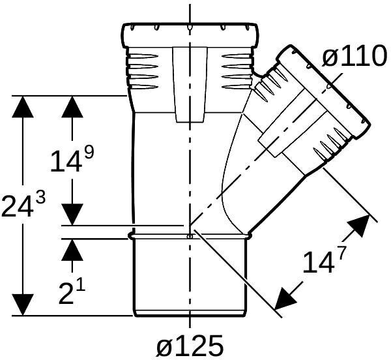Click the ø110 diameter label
coord(355,58)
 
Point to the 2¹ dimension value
coord(72,295)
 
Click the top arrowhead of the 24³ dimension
coord(23,108)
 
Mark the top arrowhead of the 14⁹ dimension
coord(72,108)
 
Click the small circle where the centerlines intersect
coord(189,236)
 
